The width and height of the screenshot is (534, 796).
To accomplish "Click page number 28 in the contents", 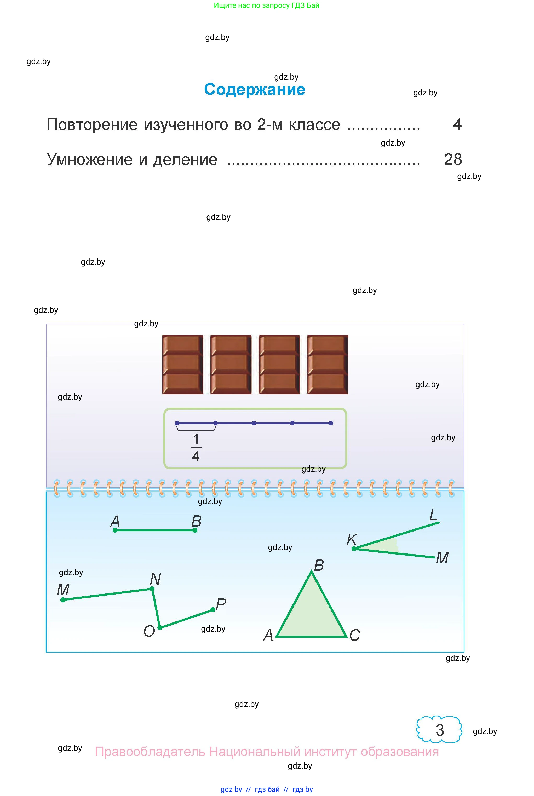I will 453,159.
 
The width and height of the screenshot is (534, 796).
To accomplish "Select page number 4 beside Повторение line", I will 457,125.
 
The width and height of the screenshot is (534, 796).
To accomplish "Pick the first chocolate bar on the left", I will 182,365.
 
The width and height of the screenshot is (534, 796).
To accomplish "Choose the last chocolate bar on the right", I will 328,365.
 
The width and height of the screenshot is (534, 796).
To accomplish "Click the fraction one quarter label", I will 196,447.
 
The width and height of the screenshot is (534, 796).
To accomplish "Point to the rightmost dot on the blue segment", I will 331,423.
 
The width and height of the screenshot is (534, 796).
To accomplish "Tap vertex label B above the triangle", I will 319,566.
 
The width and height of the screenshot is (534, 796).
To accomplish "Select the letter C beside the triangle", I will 354,635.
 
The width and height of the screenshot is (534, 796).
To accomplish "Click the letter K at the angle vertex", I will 352,540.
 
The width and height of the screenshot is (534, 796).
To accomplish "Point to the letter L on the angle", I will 433,515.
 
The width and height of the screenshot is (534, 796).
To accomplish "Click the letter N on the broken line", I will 155,579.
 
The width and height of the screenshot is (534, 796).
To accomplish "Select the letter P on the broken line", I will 221,604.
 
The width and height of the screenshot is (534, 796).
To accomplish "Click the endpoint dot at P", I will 213,610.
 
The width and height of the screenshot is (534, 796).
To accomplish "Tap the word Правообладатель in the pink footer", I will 150,752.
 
